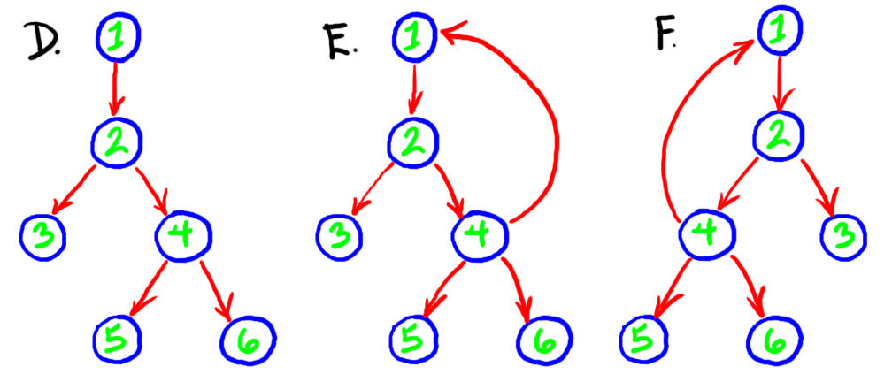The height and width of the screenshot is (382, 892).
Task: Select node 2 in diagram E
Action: pyautogui.click(x=414, y=141)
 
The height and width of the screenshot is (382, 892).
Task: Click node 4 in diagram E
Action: pyautogui.click(x=480, y=235)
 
